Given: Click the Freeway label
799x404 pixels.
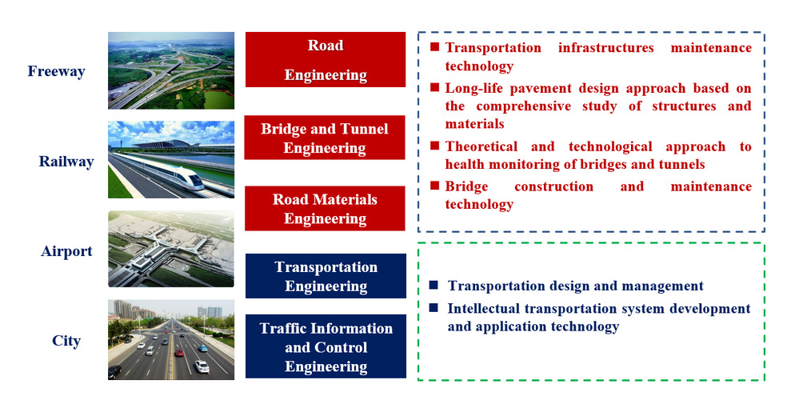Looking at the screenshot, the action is [x=56, y=71].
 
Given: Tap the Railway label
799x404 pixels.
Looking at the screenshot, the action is [x=66, y=162].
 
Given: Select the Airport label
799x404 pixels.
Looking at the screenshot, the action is [x=66, y=251].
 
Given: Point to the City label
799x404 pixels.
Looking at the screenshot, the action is [x=66, y=341].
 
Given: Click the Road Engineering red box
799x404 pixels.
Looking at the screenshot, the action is [x=326, y=60].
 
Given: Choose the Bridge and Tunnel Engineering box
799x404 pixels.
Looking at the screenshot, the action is [x=325, y=138].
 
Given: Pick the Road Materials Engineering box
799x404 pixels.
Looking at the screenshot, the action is [x=325, y=208].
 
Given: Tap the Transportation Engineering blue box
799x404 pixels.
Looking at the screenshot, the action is [x=326, y=276].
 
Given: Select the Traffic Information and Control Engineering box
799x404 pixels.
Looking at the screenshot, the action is [x=326, y=346].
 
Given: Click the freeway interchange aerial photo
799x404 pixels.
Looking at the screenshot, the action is [x=171, y=71].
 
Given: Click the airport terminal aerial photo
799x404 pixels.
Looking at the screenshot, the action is [x=171, y=249].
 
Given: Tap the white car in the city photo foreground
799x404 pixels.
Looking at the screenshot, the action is [x=202, y=367].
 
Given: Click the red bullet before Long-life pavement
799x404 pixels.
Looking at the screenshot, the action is [x=434, y=88].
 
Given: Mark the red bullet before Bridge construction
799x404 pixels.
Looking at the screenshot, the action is [x=434, y=186].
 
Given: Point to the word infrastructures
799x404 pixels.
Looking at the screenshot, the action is [x=606, y=48].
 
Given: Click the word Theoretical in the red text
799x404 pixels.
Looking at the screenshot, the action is [x=481, y=146].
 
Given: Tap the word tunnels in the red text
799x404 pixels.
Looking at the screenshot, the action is [x=680, y=165].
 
